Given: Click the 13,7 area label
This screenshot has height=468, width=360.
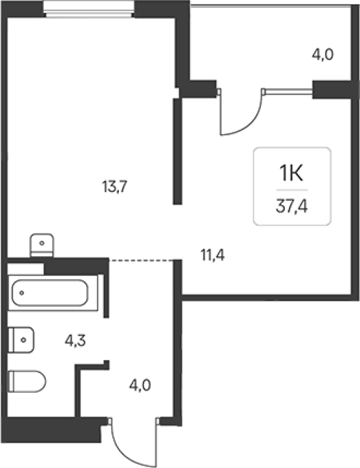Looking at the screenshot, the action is pyautogui.click(x=115, y=187).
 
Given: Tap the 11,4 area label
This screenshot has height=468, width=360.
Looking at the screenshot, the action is pyautogui.click(x=212, y=256).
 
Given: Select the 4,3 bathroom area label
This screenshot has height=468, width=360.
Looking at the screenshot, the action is pyautogui.click(x=75, y=340).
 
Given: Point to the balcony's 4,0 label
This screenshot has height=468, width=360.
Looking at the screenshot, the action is pyautogui.click(x=322, y=55).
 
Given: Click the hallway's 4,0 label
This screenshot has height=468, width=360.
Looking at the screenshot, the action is pyautogui.click(x=140, y=385).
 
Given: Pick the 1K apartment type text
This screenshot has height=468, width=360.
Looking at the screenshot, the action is pyautogui.click(x=291, y=174).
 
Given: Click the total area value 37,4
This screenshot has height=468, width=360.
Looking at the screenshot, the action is pyautogui.click(x=292, y=206).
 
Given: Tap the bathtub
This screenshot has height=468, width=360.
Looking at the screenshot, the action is pyautogui.click(x=50, y=293).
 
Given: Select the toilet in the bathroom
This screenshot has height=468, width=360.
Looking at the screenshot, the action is pyautogui.click(x=27, y=381).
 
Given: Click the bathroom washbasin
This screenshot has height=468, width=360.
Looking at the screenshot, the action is pyautogui.click(x=21, y=340).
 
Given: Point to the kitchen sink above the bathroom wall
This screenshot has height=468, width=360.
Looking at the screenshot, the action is pyautogui.click(x=42, y=245).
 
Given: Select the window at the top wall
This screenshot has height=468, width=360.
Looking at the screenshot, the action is pyautogui.click(x=88, y=9).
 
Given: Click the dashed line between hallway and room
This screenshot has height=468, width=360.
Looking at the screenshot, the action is pyautogui.click(x=141, y=260).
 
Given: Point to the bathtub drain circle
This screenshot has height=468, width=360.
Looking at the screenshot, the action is pyautogui.click(x=21, y=293).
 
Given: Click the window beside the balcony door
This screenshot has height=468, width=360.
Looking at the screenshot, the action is pyautogui.click(x=288, y=92).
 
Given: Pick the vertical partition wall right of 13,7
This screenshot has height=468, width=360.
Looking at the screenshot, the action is pyautogui.click(x=178, y=151).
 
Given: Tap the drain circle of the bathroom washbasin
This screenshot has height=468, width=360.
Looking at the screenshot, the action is pyautogui.click(x=24, y=340).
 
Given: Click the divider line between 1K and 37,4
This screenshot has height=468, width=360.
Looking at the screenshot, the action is pyautogui.click(x=292, y=190).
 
